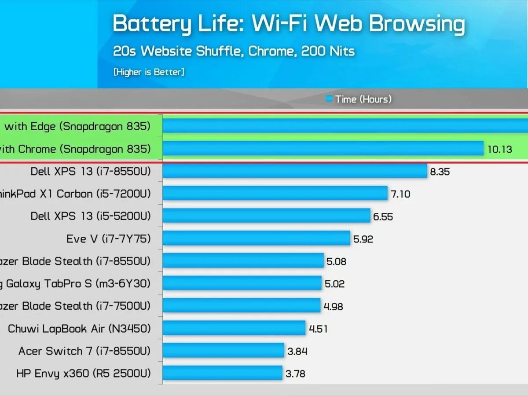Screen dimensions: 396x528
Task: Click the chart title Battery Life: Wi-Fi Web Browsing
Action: point(288,24)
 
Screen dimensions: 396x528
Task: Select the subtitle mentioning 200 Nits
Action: point(234,51)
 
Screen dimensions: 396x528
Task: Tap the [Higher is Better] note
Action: point(149,72)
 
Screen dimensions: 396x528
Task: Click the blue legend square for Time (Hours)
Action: point(329,99)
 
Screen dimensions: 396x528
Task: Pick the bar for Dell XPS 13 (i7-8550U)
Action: point(295,171)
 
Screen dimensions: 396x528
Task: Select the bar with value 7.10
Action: point(275,194)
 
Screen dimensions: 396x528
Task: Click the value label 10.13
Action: point(500,150)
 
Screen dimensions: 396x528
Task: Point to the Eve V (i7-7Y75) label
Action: point(108,238)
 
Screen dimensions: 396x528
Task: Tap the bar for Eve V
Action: point(256,238)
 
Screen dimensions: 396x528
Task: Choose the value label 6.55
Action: point(383,217)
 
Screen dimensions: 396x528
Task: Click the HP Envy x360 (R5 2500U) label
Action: point(84,374)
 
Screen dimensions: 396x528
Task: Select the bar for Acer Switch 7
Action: point(223,351)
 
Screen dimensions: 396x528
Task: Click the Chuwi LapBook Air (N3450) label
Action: point(79,329)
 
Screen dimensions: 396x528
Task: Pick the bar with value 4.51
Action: point(234,328)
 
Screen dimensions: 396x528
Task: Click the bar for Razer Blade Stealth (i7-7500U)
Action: point(241,306)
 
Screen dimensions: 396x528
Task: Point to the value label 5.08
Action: point(336,262)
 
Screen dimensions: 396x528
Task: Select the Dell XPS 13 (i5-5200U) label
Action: point(91,216)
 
